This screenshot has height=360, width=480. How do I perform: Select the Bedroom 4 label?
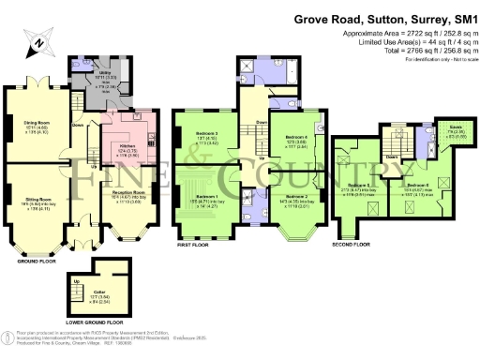pyautogui.click(x=295, y=138)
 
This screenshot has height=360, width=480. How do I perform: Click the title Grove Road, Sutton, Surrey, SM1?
pyautogui.click(x=384, y=17)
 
